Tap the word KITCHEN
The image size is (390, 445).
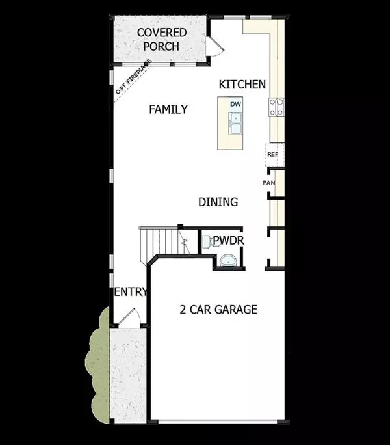pyautogui.click(x=242, y=84)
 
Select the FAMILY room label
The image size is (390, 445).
pyautogui.click(x=168, y=109)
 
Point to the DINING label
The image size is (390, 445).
pyautogui.click(x=218, y=202)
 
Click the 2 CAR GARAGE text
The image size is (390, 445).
pyautogui.click(x=218, y=309)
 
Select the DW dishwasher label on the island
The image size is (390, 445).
pyautogui.click(x=235, y=104)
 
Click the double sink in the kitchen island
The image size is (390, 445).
pyautogui.click(x=235, y=122)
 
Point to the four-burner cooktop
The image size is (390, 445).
pyautogui.click(x=276, y=107)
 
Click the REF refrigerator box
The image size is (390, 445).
pyautogui.click(x=273, y=155)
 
